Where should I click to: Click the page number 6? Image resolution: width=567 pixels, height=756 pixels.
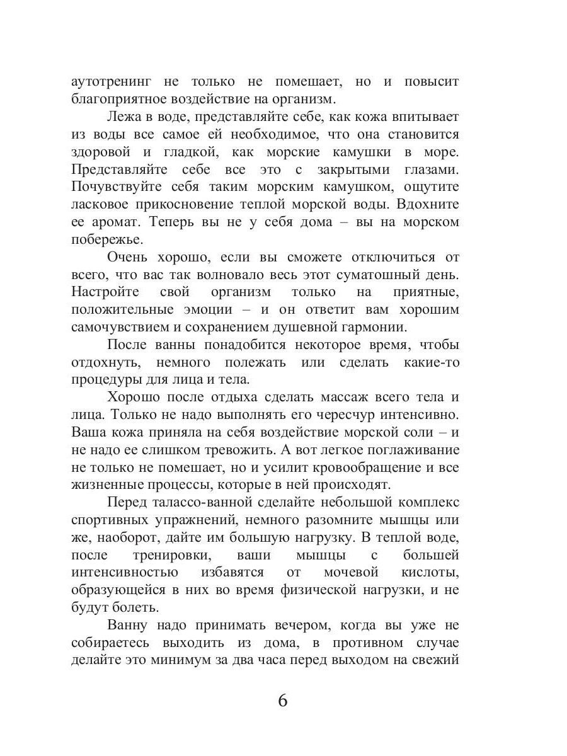pyautogui.click(x=282, y=700)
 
